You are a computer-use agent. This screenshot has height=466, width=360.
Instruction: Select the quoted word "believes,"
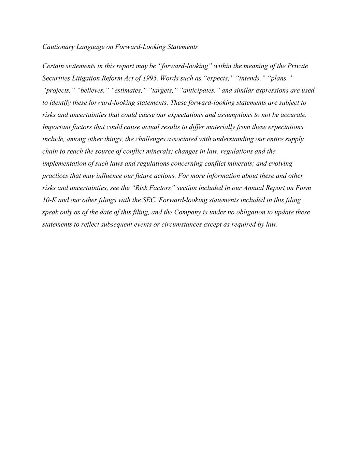pyautogui.click(x=93, y=90)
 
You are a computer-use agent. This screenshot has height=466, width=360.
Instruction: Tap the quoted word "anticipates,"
pyautogui.click(x=199, y=90)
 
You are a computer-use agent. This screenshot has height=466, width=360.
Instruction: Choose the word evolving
pyautogui.click(x=280, y=164)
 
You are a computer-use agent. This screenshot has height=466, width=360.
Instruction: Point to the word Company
pyautogui.click(x=187, y=212)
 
